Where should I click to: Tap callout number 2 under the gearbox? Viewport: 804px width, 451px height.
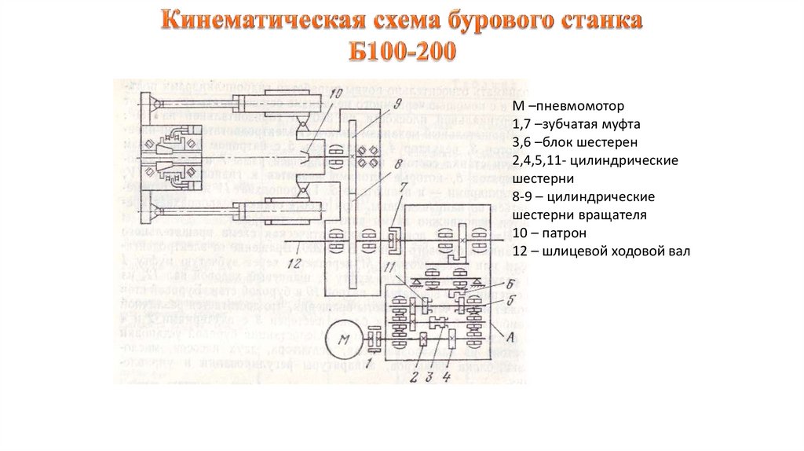411,376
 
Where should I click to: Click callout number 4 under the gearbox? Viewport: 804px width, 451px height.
447,376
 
